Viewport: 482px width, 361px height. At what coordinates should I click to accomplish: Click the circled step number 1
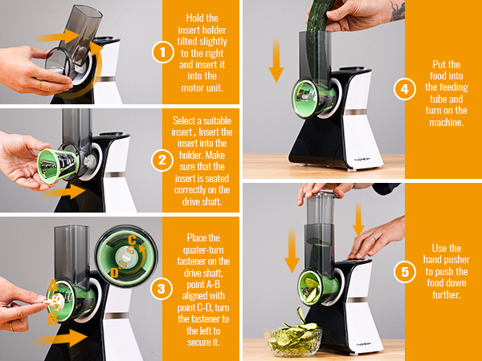163,52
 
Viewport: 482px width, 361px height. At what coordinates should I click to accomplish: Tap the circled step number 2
162,160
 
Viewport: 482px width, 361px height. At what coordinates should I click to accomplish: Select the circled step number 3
161,289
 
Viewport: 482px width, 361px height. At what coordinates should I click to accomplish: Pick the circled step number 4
405,89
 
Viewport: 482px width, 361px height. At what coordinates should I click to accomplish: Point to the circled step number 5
405,272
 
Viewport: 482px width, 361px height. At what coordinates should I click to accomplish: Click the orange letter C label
133,241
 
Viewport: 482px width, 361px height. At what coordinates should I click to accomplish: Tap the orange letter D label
114,272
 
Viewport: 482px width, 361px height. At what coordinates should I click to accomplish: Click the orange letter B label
52,319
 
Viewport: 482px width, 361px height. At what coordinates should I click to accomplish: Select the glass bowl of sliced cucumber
293,339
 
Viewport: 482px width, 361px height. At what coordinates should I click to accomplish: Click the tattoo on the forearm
397,10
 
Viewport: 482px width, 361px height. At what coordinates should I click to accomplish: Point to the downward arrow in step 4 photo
276,60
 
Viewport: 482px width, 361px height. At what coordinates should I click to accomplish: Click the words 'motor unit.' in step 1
202,88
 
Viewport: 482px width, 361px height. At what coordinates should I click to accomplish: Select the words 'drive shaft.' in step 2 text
202,201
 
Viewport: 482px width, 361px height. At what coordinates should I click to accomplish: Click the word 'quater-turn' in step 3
203,249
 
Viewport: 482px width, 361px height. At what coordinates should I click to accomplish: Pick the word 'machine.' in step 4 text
447,123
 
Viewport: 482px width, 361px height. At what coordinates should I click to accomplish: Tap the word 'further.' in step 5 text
447,295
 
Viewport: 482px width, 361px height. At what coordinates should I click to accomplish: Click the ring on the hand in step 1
40,85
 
